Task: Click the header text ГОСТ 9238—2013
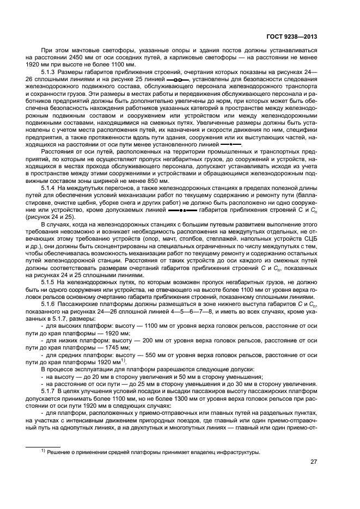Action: click(x=291, y=37)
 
